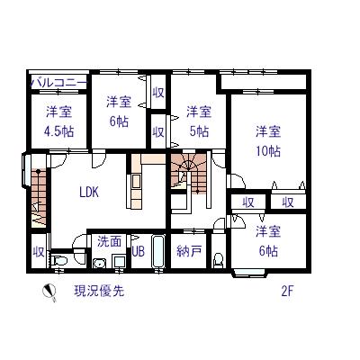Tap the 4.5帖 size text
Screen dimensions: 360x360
(60, 131)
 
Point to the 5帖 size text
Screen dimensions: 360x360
(200, 130)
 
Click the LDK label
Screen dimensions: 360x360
(88, 192)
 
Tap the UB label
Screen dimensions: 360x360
(138, 252)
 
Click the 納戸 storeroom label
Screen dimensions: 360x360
(189, 251)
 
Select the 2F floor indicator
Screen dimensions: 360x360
(287, 291)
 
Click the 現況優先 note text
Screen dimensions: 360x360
(99, 291)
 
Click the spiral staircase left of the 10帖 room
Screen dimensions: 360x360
(192, 170)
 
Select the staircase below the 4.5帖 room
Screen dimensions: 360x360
(39, 193)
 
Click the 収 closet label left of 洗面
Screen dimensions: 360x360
(39, 250)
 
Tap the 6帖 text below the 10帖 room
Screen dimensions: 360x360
(267, 250)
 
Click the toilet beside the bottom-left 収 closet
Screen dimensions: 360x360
(61, 261)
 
